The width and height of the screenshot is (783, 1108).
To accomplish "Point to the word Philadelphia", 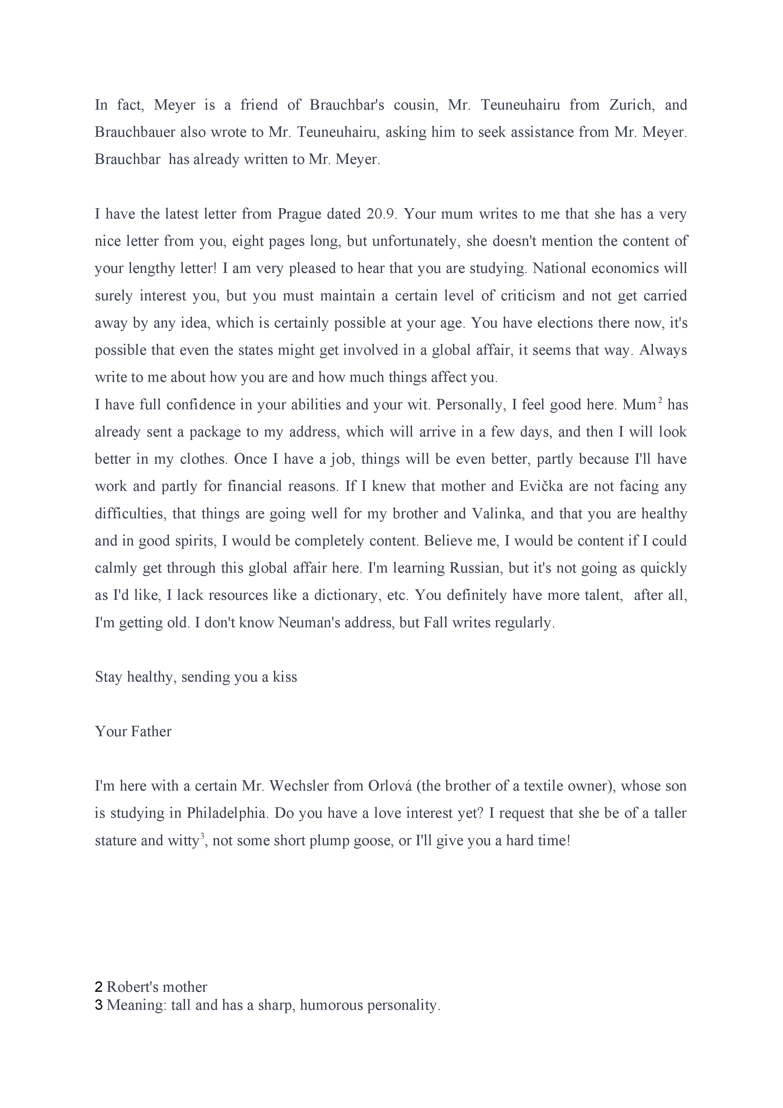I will (x=227, y=813).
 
